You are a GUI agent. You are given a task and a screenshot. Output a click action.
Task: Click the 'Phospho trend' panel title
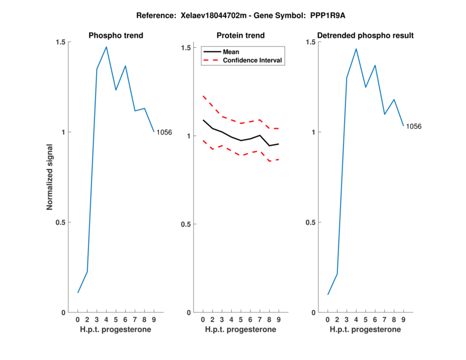[116, 36]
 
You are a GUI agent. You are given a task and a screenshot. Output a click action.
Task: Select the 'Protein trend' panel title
[241, 36]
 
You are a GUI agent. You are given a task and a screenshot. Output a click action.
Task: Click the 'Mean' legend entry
[231, 52]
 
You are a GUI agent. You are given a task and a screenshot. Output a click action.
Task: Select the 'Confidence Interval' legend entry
[253, 60]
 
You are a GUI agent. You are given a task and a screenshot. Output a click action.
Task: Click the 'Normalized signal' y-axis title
[50, 177]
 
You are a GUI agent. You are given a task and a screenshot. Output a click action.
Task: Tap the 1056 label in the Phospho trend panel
[164, 132]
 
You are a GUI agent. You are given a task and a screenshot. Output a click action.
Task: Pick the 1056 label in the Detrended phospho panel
[414, 126]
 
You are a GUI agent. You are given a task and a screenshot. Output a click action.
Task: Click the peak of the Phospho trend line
[106, 47]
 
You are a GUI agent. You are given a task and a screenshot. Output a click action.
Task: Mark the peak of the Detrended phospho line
[356, 49]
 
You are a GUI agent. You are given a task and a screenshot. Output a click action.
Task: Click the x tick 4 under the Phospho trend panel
[106, 320]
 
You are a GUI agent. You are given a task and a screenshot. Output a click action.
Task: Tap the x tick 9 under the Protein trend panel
[278, 320]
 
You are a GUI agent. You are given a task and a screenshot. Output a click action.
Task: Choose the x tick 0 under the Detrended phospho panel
[328, 320]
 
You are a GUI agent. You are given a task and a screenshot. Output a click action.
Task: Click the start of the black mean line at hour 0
[203, 120]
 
